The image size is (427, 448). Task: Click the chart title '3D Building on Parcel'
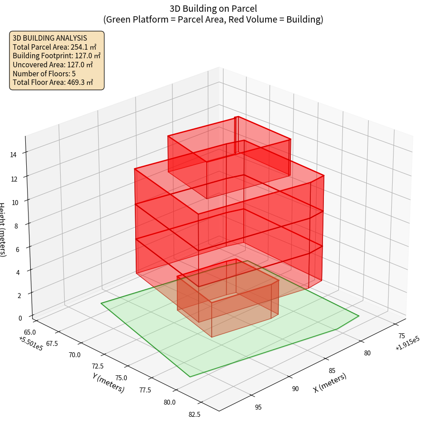[213, 8]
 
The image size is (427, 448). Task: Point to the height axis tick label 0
[21, 317]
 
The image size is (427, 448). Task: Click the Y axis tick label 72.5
[97, 366]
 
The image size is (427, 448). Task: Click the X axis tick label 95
[258, 407]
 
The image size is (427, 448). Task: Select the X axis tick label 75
[401, 336]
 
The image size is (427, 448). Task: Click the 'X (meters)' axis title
[330, 383]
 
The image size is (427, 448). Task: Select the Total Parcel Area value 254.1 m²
[84, 47]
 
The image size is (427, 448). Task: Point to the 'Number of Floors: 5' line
[44, 74]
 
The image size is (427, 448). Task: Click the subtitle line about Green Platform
[213, 19]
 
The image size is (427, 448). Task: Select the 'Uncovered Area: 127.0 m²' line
[54, 65]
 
